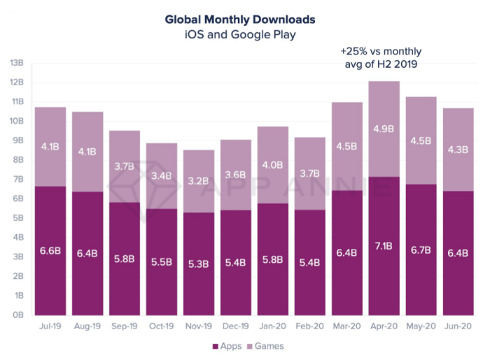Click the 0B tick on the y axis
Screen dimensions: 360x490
coord(17,315)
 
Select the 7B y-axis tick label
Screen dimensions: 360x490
coord(17,180)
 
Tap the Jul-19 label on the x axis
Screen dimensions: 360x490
coord(50,327)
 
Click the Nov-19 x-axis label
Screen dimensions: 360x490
coord(197,327)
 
